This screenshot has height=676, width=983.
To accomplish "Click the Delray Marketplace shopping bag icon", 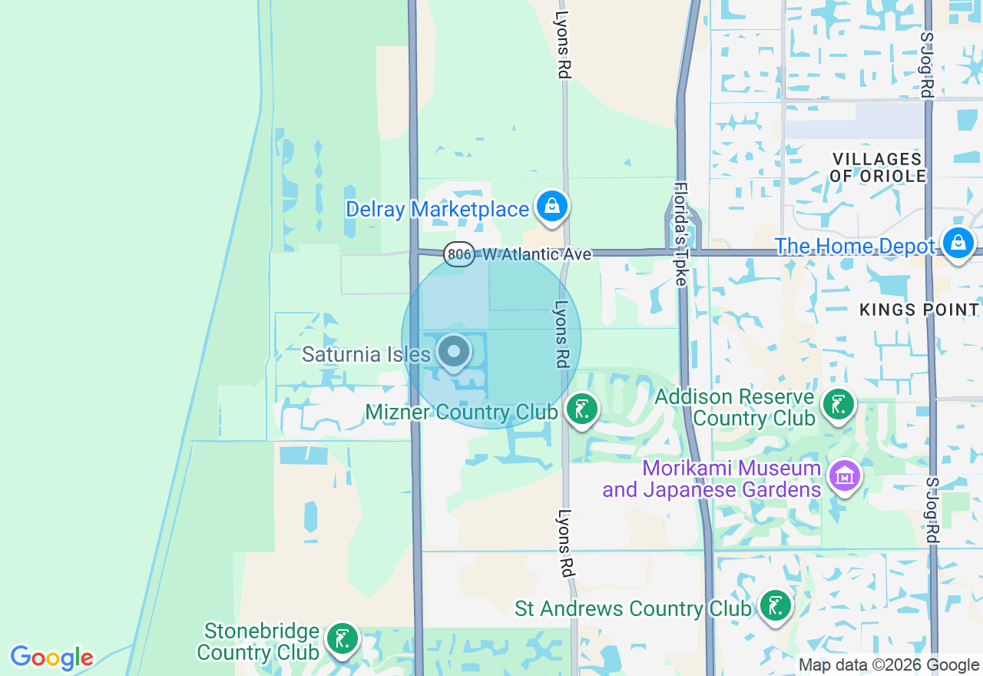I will pos(551,206).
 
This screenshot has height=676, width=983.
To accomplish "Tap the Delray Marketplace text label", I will pos(437,209).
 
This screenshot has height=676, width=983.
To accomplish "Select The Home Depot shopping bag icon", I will pos(958,243).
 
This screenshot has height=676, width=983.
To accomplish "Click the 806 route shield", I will pos(459,253).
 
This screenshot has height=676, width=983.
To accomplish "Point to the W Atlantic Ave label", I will pos(537,253).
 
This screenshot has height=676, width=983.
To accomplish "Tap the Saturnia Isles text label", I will pos(366,354).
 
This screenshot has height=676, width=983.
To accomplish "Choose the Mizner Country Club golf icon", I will pos(582,409).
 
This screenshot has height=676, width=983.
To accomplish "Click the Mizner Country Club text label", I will pos(461,413).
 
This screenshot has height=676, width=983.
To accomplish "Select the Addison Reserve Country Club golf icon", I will pos(838,404).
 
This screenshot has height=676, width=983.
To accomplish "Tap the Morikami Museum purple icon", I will pos(845,476).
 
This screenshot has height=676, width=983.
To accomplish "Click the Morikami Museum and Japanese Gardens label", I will pos(711,479).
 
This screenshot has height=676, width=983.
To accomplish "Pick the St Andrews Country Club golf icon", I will pos(776,605).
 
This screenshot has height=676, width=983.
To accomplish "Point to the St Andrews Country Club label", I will pos(632,608).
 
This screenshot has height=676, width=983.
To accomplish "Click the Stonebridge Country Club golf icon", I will pos(343,638).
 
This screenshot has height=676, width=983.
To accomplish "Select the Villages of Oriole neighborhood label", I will pos(878,167).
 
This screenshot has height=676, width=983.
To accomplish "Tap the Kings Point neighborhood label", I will pos(918,310).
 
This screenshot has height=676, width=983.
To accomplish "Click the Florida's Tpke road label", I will pos(680,234).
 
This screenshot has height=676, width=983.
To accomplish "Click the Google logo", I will pos(51,658).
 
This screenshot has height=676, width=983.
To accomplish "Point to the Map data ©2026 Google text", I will pos(889,665).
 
